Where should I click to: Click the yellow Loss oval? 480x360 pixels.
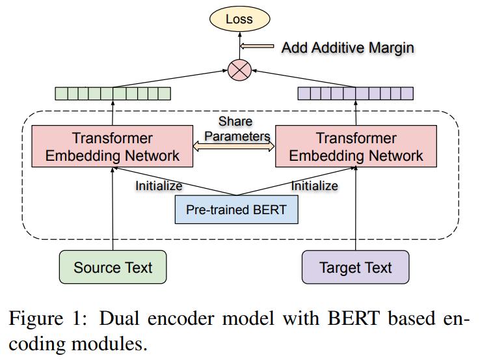(x=239, y=19)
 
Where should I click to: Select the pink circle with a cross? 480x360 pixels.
(x=238, y=69)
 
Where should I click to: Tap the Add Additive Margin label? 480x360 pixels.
(x=347, y=48)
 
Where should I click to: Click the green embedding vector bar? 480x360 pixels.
(x=113, y=94)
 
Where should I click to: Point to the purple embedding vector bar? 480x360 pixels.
(x=355, y=94)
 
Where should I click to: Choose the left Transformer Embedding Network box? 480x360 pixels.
(x=113, y=146)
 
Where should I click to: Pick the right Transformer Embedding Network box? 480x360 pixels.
(x=356, y=146)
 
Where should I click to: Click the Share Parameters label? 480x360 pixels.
(x=235, y=128)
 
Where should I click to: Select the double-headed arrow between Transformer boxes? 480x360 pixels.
(x=235, y=148)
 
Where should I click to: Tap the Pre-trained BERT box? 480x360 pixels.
(x=236, y=210)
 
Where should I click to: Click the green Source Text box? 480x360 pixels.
(x=113, y=268)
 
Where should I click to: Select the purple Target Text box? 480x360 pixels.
(x=356, y=268)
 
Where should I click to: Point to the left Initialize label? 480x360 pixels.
(x=159, y=186)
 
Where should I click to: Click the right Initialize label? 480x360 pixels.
(x=314, y=186)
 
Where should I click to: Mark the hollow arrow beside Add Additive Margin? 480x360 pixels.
(x=260, y=47)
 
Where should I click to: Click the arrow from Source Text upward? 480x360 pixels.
(x=113, y=208)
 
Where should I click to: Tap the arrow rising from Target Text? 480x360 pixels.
(x=356, y=208)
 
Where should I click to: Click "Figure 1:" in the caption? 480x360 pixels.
(x=46, y=320)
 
